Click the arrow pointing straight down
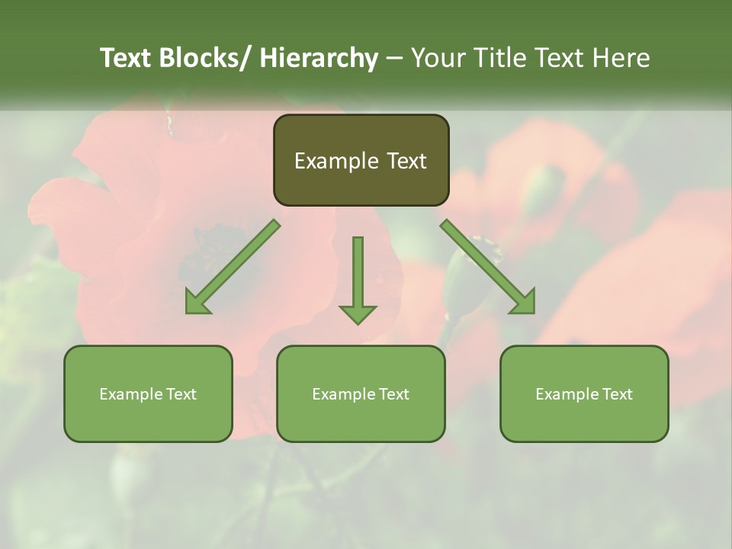[x=358, y=274]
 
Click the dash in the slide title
[x=394, y=58]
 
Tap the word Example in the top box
[x=336, y=161]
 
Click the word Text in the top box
[x=406, y=161]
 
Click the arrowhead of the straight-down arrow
[x=358, y=313]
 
